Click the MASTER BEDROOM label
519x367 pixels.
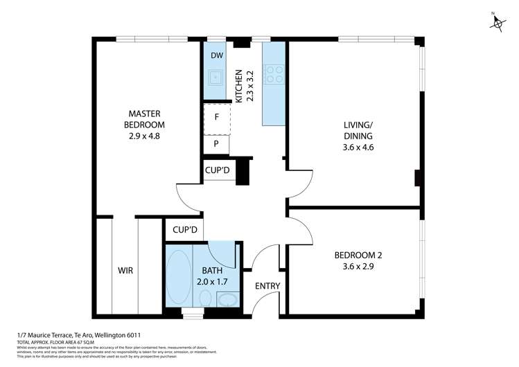pos(145,119)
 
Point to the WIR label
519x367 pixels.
pos(125,271)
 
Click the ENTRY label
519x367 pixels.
pos(267,286)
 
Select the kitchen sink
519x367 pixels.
pos(215,77)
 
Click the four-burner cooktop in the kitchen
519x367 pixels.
pos(274,73)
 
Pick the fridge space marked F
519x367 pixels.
pos(217,117)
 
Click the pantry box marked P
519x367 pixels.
pos(216,144)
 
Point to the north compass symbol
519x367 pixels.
pos(497,22)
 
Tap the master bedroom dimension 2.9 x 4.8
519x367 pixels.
pos(145,136)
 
